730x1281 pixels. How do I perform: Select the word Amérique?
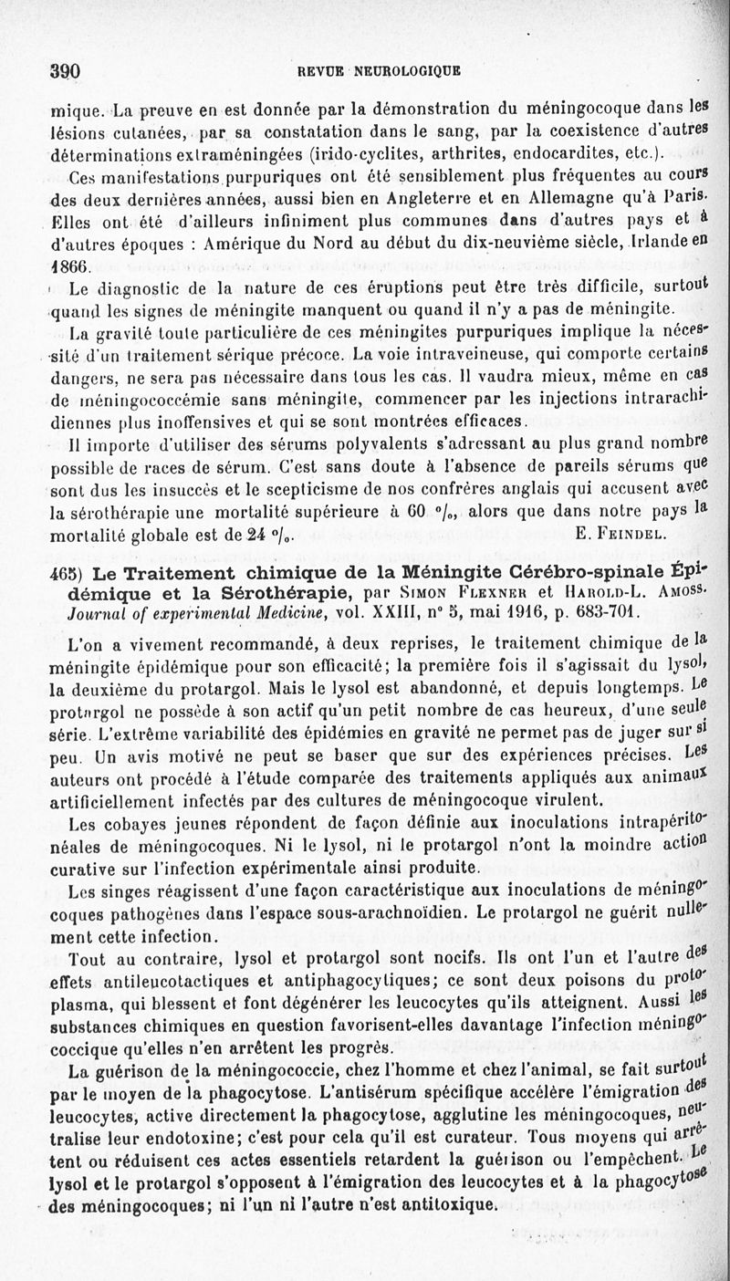257,244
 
